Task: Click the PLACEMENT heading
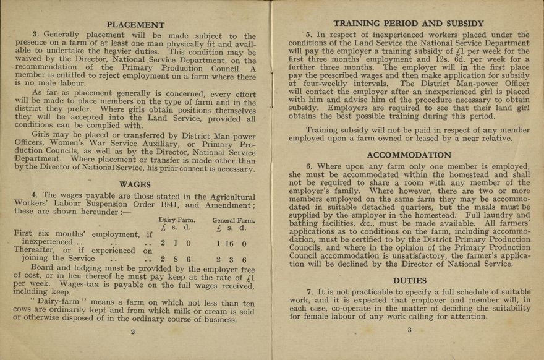tap(135, 25)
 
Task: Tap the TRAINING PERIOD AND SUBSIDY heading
tap(409, 24)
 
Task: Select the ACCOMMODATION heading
tap(409, 155)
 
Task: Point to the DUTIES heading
tap(409, 280)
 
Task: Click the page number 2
tap(133, 331)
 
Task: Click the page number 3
tap(409, 330)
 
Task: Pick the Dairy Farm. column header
tap(177, 220)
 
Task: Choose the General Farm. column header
tap(233, 220)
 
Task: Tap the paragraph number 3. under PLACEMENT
tap(36, 36)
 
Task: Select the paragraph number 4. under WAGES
tap(36, 195)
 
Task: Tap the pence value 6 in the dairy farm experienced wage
tap(189, 260)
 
